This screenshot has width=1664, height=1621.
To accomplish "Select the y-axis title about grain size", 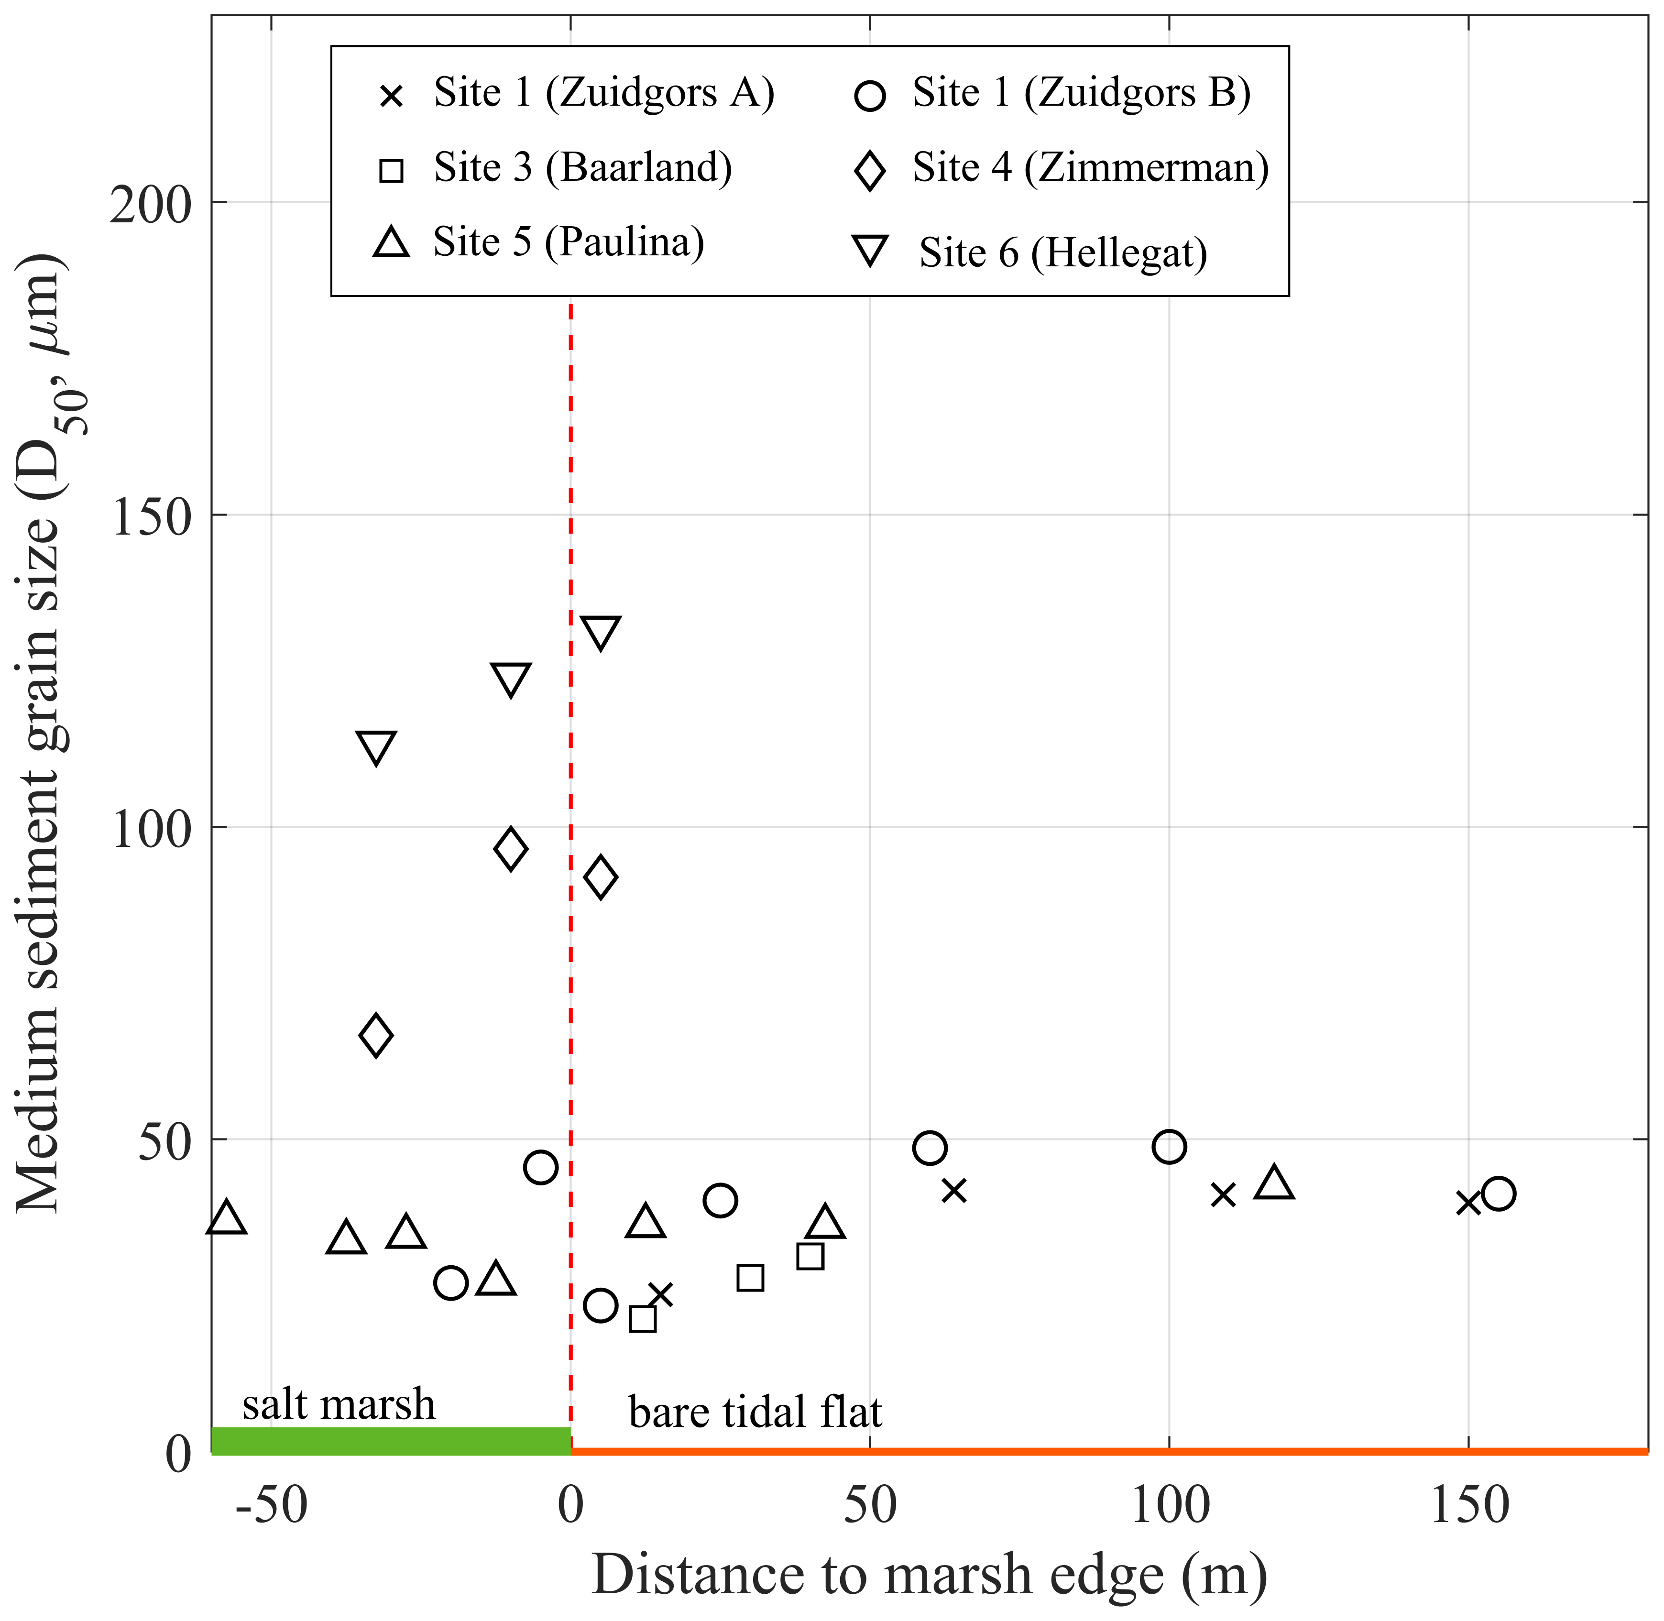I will click(x=41, y=732).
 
